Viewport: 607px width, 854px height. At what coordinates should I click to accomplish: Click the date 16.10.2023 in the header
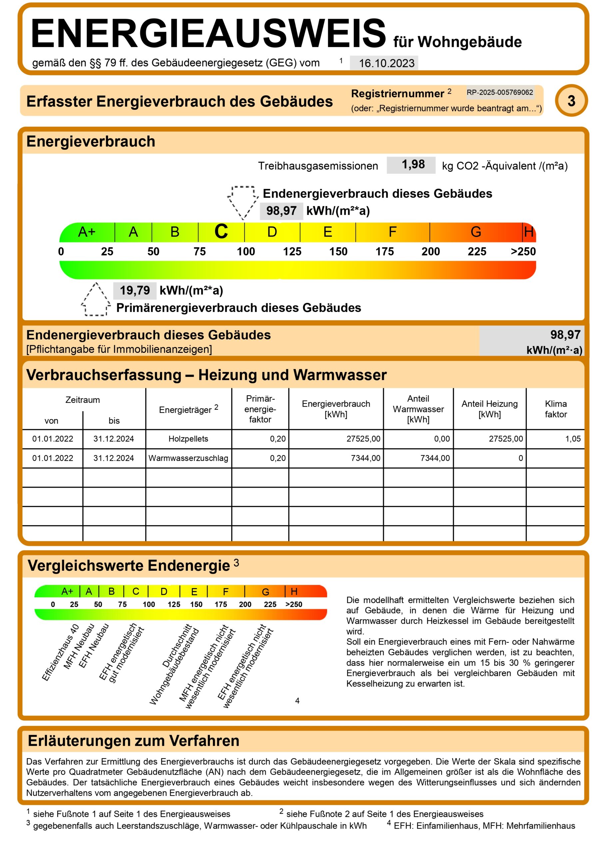point(386,63)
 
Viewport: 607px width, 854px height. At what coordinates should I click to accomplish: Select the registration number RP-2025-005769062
point(500,92)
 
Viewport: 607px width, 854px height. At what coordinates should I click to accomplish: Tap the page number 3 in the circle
point(571,101)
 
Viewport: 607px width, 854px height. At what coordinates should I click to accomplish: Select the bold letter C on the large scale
point(221,231)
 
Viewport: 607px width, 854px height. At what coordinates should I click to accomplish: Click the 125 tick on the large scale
point(292,252)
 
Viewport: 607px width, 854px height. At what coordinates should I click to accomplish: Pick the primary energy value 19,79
point(135,291)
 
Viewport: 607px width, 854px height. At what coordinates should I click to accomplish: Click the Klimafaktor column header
point(555,409)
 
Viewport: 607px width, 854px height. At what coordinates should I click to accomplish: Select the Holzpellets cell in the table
point(188,439)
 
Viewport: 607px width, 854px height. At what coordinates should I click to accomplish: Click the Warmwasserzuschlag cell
point(188,458)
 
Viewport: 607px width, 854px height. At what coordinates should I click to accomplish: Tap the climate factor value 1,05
point(573,439)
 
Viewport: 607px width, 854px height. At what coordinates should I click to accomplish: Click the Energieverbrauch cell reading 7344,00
point(365,458)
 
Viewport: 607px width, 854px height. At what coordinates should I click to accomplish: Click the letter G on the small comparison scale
point(266,592)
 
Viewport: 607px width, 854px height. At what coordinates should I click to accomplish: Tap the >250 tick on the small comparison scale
point(294,604)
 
